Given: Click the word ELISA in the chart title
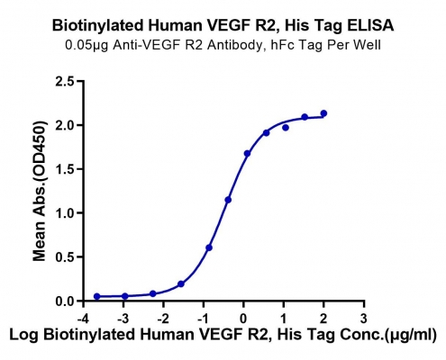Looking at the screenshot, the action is click(370, 25).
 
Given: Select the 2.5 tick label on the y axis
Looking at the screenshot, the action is click(66, 81).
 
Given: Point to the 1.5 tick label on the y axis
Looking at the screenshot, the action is click(66, 169).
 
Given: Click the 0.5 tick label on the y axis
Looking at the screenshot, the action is click(66, 257).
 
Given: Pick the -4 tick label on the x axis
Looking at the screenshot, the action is click(83, 319).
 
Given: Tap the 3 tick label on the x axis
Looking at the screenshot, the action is click(364, 319).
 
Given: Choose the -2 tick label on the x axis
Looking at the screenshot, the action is click(163, 319).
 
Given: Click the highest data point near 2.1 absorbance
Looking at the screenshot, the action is click(323, 113).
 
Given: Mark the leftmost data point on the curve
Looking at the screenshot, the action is click(96, 296).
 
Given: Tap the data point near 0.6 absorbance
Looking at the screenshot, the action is click(209, 247).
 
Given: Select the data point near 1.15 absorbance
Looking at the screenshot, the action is click(228, 200).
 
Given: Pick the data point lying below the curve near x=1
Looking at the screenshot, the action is click(286, 128).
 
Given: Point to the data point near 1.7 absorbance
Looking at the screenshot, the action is click(247, 154).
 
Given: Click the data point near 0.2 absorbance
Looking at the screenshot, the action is click(181, 283).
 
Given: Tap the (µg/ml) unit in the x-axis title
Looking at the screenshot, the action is click(411, 335).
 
